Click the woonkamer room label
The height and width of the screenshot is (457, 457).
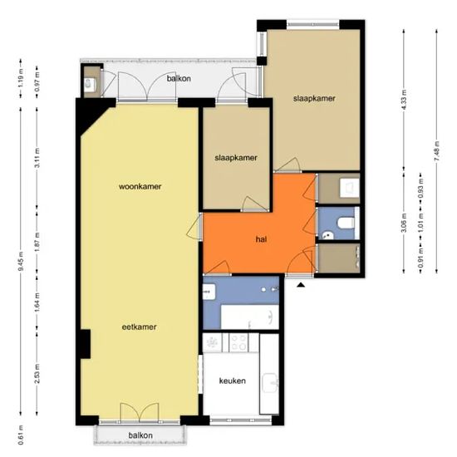pyautogui.click(x=139, y=186)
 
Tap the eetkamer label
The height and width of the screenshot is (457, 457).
pyautogui.click(x=139, y=327)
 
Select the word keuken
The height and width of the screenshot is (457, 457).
pyautogui.click(x=232, y=380)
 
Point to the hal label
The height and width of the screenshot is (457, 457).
pyautogui.click(x=260, y=239)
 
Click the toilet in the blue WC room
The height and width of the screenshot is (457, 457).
pyautogui.click(x=345, y=223)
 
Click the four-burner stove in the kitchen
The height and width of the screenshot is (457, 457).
pyautogui.click(x=239, y=342)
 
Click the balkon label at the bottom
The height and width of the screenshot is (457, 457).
pyautogui.click(x=140, y=435)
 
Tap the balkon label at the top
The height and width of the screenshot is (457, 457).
pyautogui.click(x=178, y=78)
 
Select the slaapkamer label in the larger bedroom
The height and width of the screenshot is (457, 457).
pyautogui.click(x=314, y=99)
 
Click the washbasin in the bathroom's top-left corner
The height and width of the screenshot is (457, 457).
pyautogui.click(x=209, y=292)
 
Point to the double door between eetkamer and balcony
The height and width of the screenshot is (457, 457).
pyautogui.click(x=139, y=413)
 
